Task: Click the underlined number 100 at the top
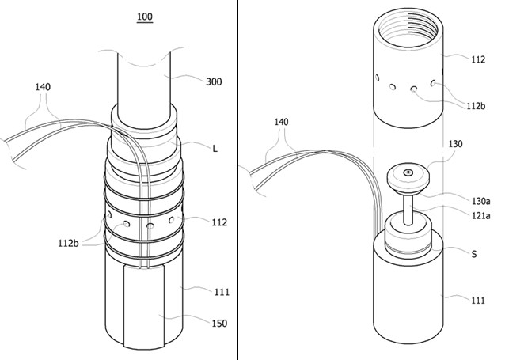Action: point(145,17)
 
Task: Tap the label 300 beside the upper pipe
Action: point(214,81)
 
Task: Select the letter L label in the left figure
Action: point(215,149)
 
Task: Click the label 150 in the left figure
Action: point(219,324)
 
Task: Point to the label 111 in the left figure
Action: point(222,292)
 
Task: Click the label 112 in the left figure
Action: point(219,222)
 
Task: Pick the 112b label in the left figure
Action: point(69,244)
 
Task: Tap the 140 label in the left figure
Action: point(43,87)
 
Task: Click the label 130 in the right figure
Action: point(455,144)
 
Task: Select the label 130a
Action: point(481,202)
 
